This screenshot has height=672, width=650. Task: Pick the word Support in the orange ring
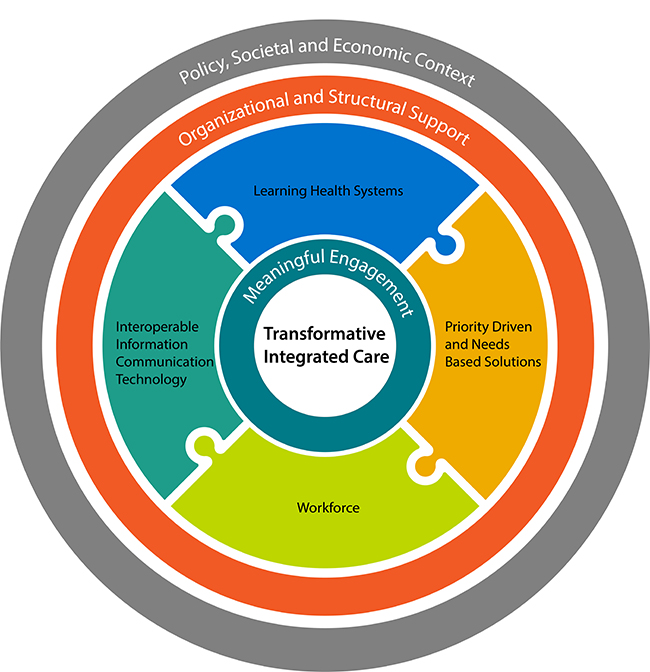click(x=434, y=131)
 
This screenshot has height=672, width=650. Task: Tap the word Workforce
click(x=328, y=507)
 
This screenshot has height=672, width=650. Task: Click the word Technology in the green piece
click(x=150, y=380)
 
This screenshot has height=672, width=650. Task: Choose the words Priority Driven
click(x=486, y=325)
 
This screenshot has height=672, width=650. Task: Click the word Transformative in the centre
click(x=324, y=334)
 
